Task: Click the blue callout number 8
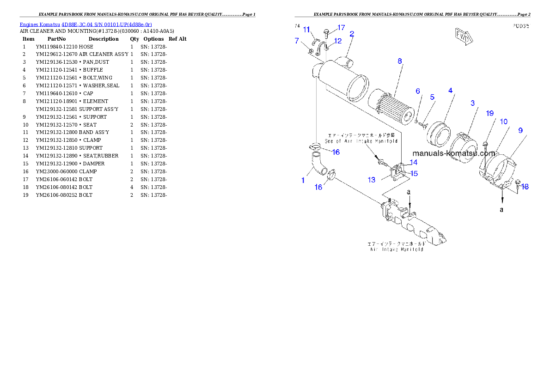[x=400, y=61]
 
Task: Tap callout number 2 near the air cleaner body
[x=352, y=34]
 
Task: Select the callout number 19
[x=489, y=113]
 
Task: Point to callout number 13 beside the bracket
[x=372, y=180]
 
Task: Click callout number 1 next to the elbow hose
[x=303, y=180]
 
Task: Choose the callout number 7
[x=297, y=41]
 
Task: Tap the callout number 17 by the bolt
[x=341, y=28]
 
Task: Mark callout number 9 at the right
[x=520, y=131]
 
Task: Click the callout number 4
[x=450, y=91]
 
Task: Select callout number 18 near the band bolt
[x=525, y=186]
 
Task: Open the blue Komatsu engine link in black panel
[x=86, y=24]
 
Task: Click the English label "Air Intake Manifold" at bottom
[x=397, y=249]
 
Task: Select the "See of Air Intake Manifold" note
[x=361, y=140]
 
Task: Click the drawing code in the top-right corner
[x=520, y=26]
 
